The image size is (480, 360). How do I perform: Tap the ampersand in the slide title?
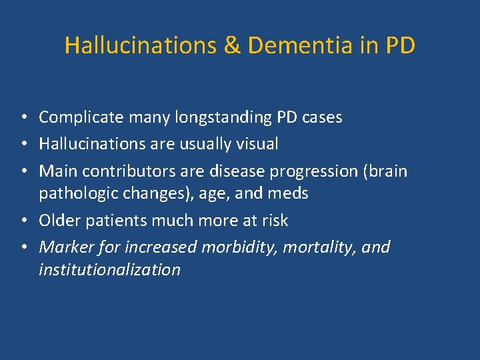click(x=230, y=45)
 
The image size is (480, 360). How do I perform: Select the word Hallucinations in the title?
click(x=139, y=45)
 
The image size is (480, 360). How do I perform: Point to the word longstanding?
click(x=205, y=118)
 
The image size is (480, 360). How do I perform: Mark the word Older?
click(x=57, y=220)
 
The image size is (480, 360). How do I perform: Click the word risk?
click(x=274, y=220)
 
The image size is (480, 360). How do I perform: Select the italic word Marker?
click(x=63, y=247)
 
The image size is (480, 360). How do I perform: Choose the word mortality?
click(x=320, y=247)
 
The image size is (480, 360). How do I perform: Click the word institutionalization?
click(x=109, y=269)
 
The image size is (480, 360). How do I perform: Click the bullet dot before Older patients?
click(x=23, y=221)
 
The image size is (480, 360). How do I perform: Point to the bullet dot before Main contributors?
click(x=23, y=171)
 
